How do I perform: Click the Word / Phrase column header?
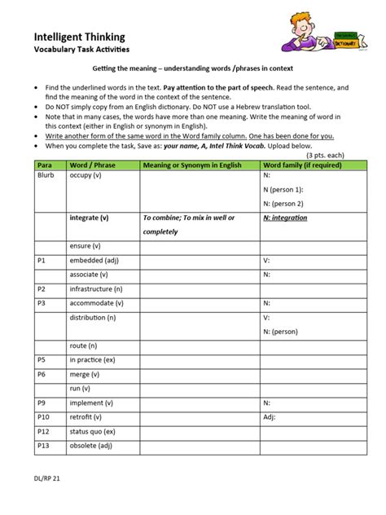click(91, 165)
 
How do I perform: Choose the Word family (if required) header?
click(302, 165)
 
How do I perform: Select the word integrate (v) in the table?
click(90, 218)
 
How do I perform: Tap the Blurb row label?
click(46, 175)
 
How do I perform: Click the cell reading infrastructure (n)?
click(96, 288)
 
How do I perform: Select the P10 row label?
click(45, 416)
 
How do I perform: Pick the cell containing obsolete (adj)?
click(90, 446)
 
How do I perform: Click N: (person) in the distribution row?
click(280, 332)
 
